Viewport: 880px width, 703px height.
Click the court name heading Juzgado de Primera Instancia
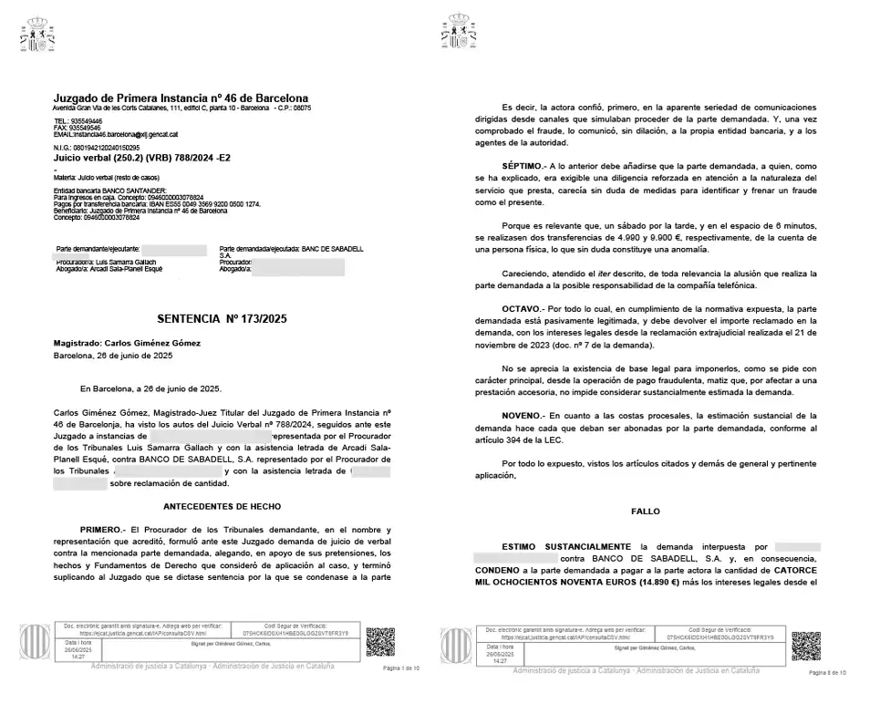(181, 98)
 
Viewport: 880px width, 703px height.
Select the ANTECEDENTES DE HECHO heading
(222, 505)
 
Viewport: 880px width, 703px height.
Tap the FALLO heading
(645, 512)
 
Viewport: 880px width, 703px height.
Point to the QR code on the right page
(806, 645)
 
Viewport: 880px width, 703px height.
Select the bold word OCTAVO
(521, 309)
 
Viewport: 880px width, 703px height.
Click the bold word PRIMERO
(100, 530)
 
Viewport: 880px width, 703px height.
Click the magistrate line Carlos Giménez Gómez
(127, 343)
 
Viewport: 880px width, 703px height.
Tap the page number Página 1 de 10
(402, 668)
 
